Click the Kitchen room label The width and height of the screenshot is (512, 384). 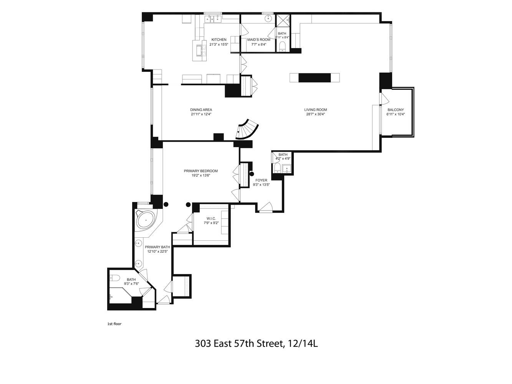coord(219,40)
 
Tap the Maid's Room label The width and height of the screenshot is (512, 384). coord(258,40)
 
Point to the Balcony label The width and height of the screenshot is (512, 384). coord(396,110)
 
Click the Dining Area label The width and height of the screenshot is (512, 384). coord(201,110)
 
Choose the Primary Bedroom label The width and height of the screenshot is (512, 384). coord(201,171)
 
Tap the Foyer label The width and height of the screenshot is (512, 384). coord(261,180)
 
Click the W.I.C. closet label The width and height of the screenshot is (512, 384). coord(211,218)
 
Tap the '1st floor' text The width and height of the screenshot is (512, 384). coord(114,324)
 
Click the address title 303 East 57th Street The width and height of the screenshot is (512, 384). coord(256,343)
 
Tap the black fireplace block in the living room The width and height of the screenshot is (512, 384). coord(315,78)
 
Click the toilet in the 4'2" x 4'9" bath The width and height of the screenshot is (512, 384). coord(277,167)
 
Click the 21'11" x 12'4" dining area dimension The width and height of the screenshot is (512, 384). coord(201,114)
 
